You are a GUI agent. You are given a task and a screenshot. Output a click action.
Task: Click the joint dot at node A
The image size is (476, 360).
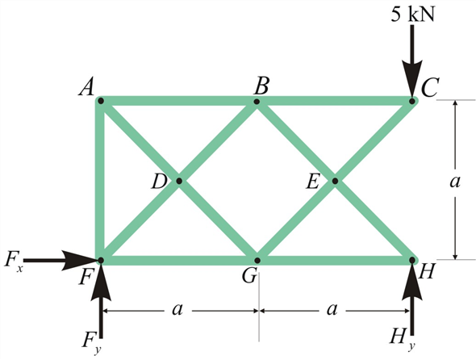click(100, 101)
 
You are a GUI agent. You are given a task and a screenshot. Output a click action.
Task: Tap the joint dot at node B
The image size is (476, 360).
click(257, 101)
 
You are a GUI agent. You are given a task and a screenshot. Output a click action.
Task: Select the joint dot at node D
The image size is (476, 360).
click(178, 181)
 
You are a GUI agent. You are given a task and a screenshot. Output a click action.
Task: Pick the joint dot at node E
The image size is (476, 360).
click(334, 181)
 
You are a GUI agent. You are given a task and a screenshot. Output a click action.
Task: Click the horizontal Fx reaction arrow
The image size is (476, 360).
click(65, 260)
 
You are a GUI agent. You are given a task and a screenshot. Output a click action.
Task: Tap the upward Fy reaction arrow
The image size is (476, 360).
click(101, 299)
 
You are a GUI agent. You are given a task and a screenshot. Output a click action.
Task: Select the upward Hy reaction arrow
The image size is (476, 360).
click(411, 299)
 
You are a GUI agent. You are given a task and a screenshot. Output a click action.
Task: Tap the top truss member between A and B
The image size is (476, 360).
click(178, 101)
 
